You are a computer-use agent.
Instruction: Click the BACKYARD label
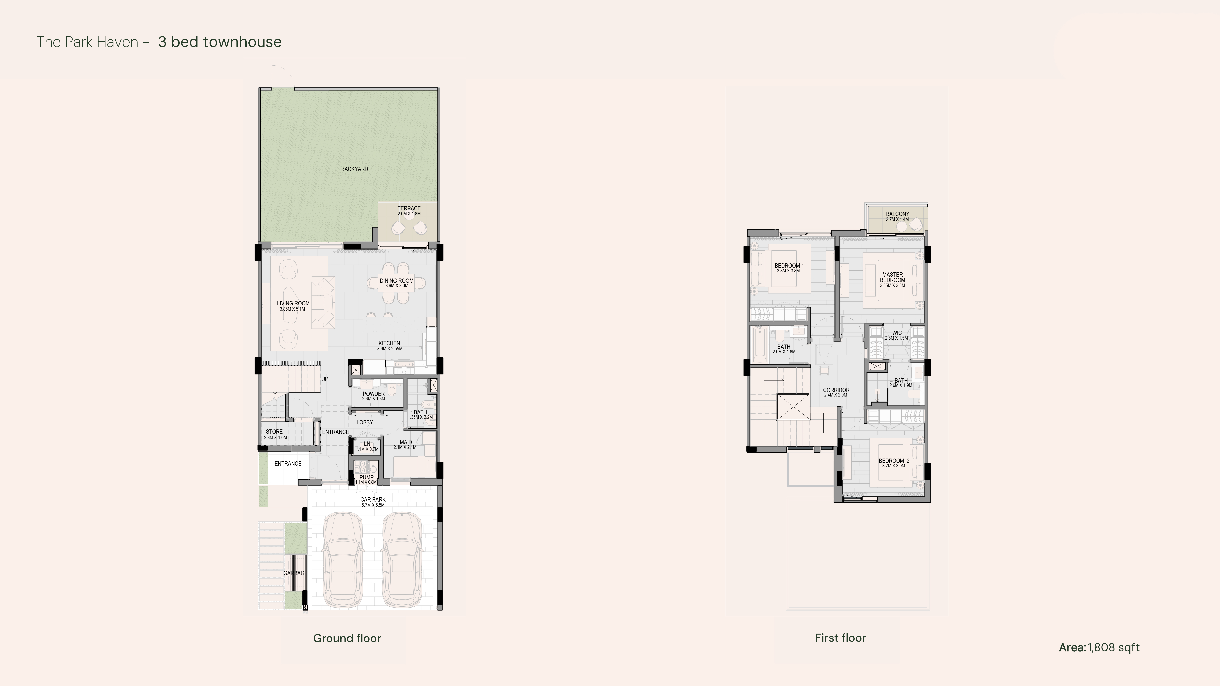(354, 169)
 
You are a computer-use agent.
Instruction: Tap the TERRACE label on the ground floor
(409, 208)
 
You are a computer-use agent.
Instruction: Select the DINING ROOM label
(396, 281)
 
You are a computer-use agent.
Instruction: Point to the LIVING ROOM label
(293, 304)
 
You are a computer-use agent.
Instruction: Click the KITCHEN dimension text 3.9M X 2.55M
(390, 349)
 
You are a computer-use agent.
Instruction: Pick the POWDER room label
(374, 394)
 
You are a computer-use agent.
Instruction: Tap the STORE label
(274, 432)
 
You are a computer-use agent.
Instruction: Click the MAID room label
(405, 442)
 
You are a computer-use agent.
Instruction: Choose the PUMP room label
(367, 477)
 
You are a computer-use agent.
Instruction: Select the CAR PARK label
(373, 499)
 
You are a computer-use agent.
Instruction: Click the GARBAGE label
(296, 573)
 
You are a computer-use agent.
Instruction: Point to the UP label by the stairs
(325, 379)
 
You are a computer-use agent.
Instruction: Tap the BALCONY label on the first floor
(897, 214)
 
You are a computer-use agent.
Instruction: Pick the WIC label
(897, 333)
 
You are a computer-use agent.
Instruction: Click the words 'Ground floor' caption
(347, 638)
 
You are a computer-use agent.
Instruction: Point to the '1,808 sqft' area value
(1113, 648)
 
